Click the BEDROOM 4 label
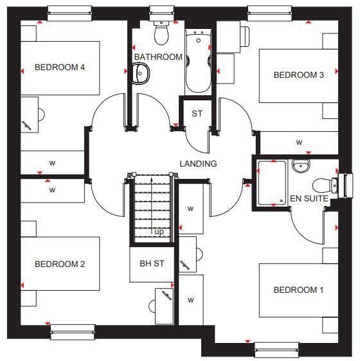click(x=60, y=68)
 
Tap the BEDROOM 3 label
click(x=298, y=75)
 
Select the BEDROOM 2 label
click(x=60, y=264)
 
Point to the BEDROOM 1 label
click(x=298, y=290)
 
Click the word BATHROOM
click(x=158, y=57)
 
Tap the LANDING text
click(x=198, y=164)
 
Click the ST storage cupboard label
click(x=197, y=114)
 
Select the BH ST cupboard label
click(x=152, y=264)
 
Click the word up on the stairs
click(x=157, y=232)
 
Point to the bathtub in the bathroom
click(x=196, y=61)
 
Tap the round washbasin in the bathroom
click(x=140, y=76)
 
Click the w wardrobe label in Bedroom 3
click(x=299, y=142)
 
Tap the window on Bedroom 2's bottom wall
click(x=73, y=332)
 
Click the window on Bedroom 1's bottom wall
click(x=276, y=350)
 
